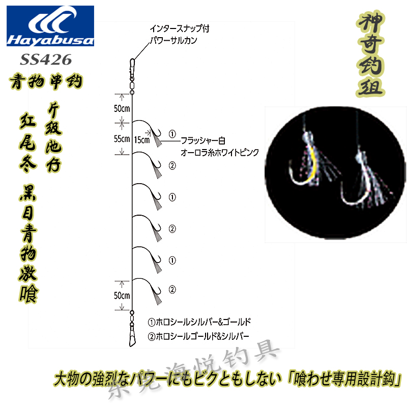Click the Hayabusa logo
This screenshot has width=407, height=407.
50,27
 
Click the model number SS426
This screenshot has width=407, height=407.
46,60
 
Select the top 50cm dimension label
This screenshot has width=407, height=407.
121,108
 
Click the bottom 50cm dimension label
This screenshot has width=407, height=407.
122,295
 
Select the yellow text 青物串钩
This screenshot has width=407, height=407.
46,81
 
